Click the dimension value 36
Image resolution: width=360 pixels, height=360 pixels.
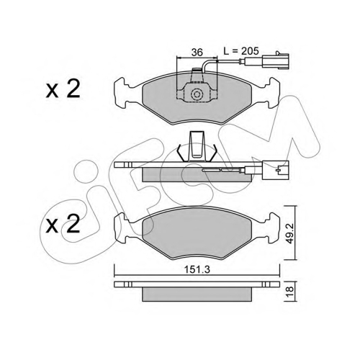(197, 52)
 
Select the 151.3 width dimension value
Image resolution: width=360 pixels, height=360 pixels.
(197, 270)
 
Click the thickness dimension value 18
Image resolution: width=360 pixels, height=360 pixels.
(290, 290)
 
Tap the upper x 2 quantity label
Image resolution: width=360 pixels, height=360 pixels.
(63, 89)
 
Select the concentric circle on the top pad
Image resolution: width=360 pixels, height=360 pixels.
(197, 94)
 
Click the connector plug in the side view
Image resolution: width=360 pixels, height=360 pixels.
(276, 170)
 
